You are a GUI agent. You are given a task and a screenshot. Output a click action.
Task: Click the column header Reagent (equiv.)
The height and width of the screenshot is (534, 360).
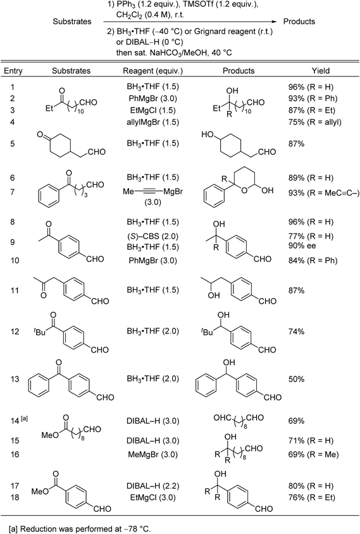point(152,71)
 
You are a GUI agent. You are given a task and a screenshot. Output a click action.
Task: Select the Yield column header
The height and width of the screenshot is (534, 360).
point(321,71)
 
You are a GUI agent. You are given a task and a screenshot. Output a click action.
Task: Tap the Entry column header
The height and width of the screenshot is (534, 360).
point(13,71)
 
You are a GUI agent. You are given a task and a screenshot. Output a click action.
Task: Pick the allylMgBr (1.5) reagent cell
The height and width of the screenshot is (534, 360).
point(152,122)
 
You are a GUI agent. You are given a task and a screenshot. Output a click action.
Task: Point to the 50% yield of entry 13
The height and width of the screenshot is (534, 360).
point(296,380)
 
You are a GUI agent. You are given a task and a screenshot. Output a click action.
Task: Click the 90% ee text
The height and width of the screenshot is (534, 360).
point(302,245)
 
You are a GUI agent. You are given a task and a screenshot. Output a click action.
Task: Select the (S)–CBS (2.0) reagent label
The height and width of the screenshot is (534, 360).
point(152,236)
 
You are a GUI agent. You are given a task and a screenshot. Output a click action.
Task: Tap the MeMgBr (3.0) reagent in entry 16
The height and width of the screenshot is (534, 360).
point(152,454)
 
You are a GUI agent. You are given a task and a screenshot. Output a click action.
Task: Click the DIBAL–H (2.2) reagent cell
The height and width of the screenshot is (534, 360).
point(152,486)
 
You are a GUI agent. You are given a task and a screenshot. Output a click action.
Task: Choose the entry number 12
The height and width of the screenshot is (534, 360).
point(15,332)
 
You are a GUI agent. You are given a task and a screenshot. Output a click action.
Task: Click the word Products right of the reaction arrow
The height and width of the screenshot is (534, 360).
point(299,22)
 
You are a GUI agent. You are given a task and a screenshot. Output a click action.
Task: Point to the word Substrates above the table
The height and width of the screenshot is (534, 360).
point(72,22)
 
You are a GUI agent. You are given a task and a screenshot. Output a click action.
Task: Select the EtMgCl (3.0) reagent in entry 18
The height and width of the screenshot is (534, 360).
point(152,497)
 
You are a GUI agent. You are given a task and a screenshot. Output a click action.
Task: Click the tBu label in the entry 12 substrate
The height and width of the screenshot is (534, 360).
point(39,332)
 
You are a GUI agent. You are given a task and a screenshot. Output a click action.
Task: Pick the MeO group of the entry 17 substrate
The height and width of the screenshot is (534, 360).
point(39,492)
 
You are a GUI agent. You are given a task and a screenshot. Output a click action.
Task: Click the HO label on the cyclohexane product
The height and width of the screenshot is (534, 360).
point(207,135)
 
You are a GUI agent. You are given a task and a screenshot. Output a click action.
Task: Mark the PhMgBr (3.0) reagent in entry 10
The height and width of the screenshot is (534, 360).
point(152,261)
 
